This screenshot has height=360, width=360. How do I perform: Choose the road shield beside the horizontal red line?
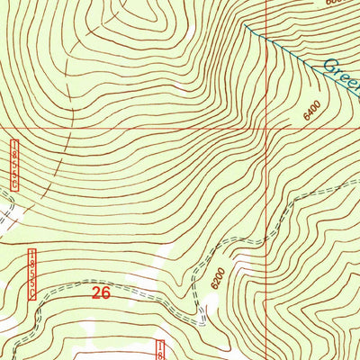[15, 165]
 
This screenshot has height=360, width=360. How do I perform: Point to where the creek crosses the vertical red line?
[267, 40]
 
